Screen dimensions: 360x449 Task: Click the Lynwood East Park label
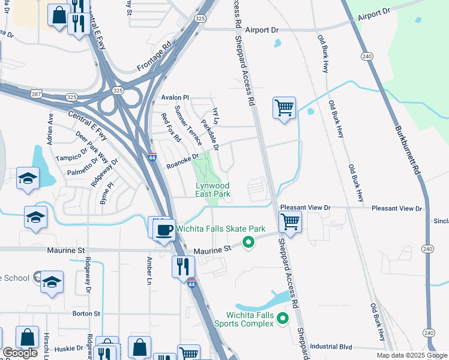tap(213, 190)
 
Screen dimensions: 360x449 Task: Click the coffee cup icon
tap(163, 229)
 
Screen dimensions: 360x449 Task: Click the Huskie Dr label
tap(71, 348)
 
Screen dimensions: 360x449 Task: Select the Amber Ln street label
tap(149, 270)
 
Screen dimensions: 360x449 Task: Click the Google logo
tap(20, 353)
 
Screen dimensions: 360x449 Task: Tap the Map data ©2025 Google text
tap(412, 355)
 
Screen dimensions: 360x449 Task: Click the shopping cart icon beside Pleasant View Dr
tap(291, 222)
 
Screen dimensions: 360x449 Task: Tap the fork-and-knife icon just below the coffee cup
tap(184, 266)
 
